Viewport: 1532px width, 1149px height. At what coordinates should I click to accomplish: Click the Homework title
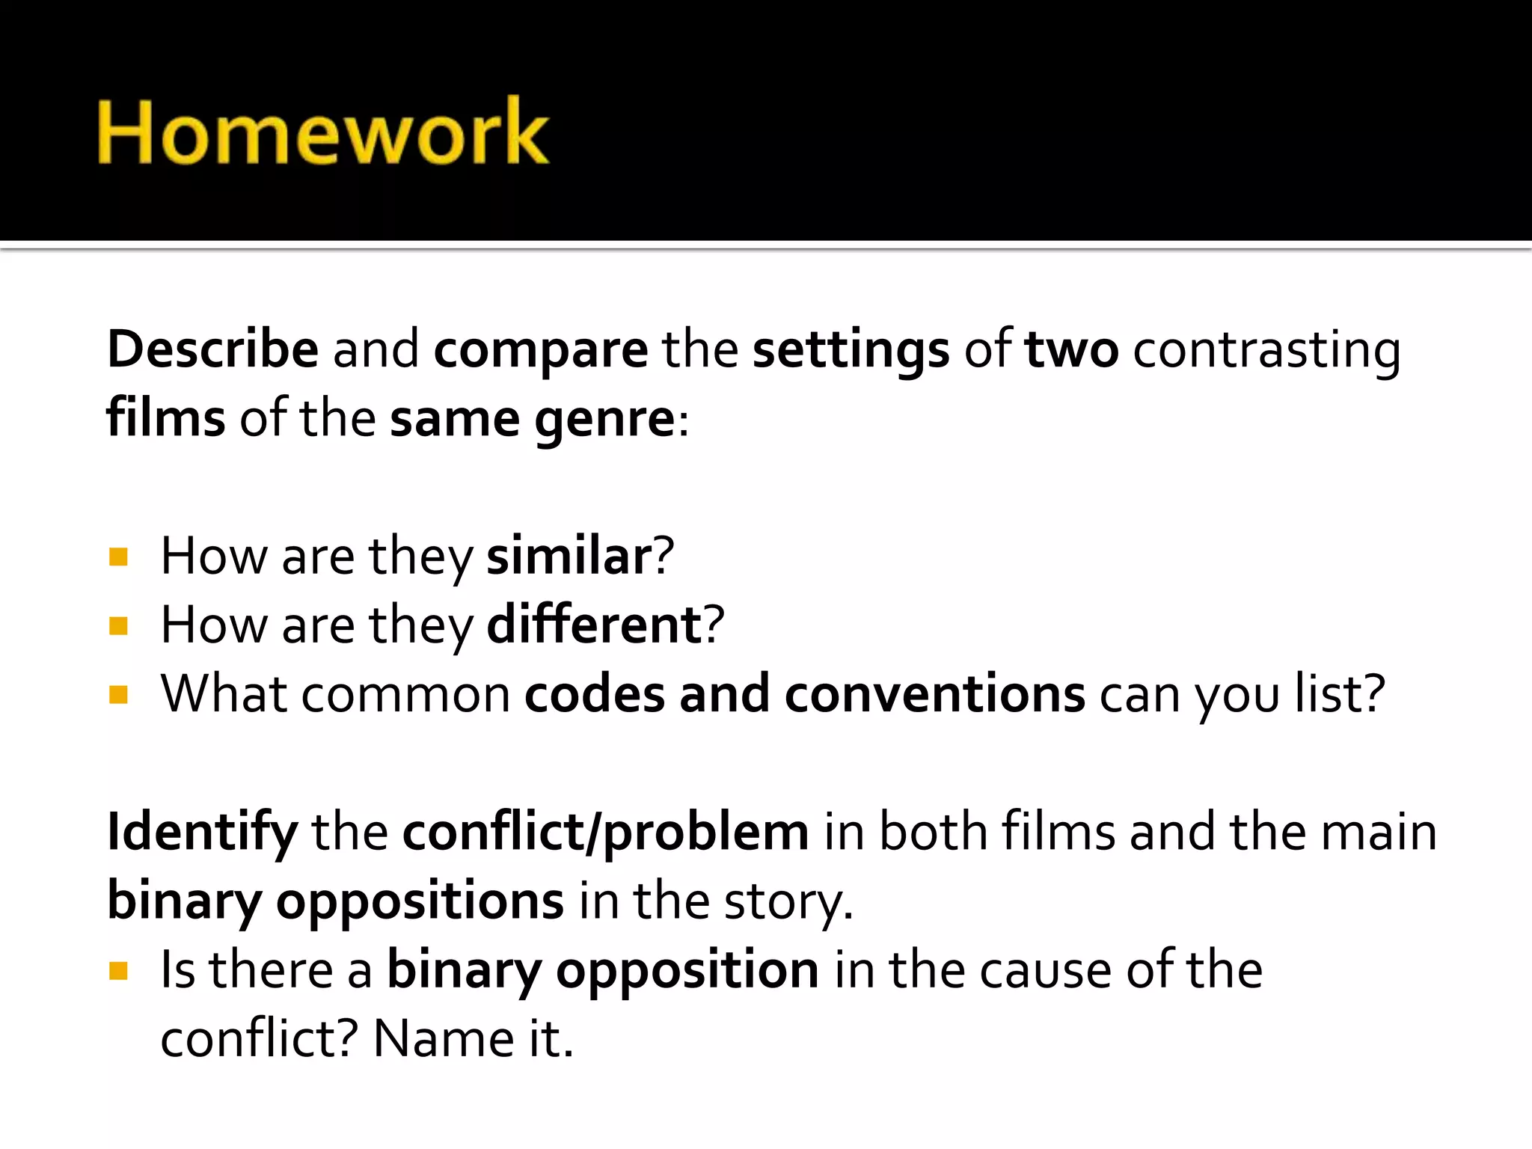coord(323,132)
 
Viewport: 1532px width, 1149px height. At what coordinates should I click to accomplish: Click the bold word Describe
coord(213,349)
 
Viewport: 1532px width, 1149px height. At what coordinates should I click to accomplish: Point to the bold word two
coord(1071,349)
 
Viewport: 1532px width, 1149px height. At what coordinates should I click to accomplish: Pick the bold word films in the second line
coord(166,417)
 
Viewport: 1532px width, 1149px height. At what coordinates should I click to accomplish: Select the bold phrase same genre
coord(533,419)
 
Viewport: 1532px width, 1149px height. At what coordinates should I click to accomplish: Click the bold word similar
coord(570,556)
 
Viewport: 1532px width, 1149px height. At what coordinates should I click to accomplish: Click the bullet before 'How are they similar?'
coord(118,557)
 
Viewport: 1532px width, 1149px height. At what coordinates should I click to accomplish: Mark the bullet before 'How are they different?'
coord(118,625)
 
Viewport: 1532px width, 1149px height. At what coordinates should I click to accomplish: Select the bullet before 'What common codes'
coord(118,695)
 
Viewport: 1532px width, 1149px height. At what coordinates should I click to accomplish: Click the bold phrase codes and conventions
coord(805,693)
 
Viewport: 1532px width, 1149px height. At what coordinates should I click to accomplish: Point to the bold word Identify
coord(202,832)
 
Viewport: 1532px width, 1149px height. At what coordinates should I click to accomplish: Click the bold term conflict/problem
coord(605,832)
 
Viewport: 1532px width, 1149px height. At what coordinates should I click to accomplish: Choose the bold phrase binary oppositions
coord(336,901)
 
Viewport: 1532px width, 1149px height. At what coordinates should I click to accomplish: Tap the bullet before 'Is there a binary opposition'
coord(118,971)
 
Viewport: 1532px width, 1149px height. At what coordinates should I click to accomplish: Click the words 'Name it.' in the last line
coord(473,1038)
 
